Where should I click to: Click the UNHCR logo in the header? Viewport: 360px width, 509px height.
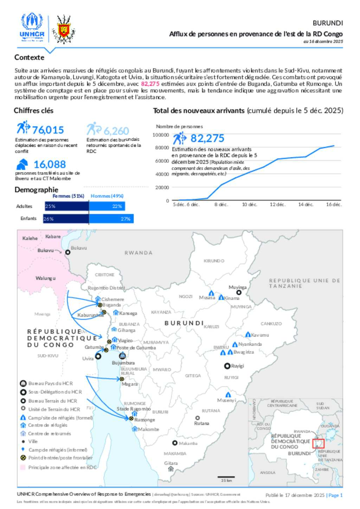(x=32, y=27)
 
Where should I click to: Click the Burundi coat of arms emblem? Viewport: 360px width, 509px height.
(x=64, y=29)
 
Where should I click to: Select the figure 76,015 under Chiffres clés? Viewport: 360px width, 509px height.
(x=48, y=130)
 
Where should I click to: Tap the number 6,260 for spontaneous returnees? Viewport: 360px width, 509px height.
(x=116, y=131)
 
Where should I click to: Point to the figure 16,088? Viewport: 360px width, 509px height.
(x=50, y=164)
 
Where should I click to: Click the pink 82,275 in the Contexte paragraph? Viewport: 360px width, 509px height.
(x=150, y=84)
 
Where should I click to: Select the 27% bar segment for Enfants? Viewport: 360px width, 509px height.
(x=111, y=219)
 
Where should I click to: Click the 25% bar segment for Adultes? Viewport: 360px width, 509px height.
(x=67, y=206)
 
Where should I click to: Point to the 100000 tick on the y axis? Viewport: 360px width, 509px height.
(x=161, y=135)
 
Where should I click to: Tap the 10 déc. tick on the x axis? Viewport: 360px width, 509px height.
(x=249, y=204)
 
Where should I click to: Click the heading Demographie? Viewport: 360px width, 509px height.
(x=36, y=190)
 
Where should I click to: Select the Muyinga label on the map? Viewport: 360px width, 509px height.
(x=238, y=287)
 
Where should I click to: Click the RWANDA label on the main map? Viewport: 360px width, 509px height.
(x=139, y=253)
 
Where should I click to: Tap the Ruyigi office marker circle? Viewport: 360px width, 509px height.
(x=227, y=366)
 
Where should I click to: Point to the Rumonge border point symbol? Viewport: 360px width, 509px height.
(x=131, y=419)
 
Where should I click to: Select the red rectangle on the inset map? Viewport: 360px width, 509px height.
(x=318, y=443)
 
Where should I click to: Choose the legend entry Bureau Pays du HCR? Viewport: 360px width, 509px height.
(x=51, y=384)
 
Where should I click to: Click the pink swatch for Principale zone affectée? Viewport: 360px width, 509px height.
(x=23, y=468)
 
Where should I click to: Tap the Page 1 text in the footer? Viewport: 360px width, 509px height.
(x=335, y=495)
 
